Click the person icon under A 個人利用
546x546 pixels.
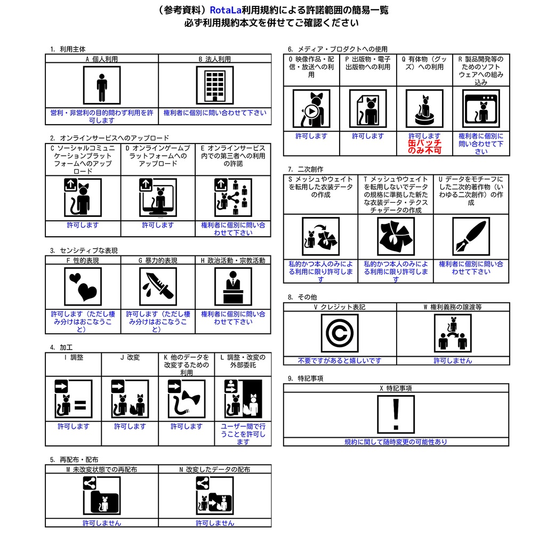pyautogui.click(x=102, y=85)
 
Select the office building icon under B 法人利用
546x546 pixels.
pyautogui.click(x=215, y=85)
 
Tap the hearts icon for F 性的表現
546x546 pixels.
pyautogui.click(x=83, y=286)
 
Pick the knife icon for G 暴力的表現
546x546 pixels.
pyautogui.click(x=158, y=286)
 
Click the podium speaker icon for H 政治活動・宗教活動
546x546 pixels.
pyautogui.click(x=233, y=286)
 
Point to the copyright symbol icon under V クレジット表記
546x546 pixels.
pyautogui.click(x=340, y=333)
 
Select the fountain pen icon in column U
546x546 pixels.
pyautogui.click(x=471, y=236)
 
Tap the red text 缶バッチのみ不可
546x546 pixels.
pyautogui.click(x=424, y=147)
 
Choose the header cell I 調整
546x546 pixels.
pyautogui.click(x=73, y=357)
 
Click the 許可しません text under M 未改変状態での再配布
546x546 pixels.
pyautogui.click(x=102, y=523)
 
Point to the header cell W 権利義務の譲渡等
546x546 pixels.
pyautogui.click(x=453, y=307)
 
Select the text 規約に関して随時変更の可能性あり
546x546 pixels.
pyautogui.click(x=396, y=442)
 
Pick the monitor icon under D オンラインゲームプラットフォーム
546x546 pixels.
pyautogui.click(x=158, y=198)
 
